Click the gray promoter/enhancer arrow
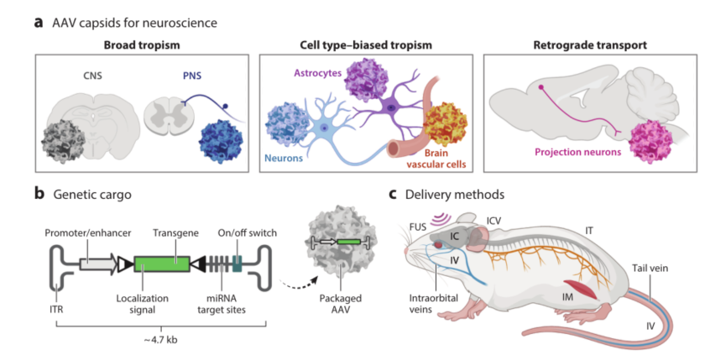(x=99, y=263)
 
